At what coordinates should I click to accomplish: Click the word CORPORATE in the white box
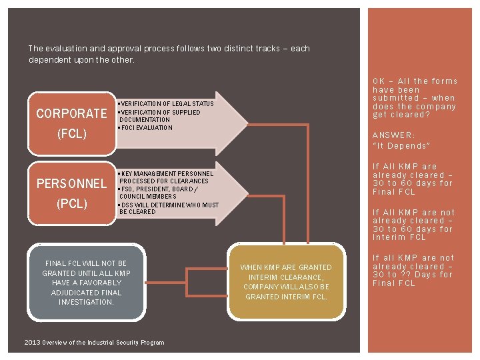click(x=71, y=113)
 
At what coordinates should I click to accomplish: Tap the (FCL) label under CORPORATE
click(x=71, y=133)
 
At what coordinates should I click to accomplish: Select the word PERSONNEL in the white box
click(x=71, y=183)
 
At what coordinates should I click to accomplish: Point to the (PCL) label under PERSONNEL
click(x=71, y=203)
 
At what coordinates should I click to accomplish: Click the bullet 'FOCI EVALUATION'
click(x=145, y=127)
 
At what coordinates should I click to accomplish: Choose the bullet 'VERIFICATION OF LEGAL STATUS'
click(x=165, y=104)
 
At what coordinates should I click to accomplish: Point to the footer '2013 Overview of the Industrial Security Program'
click(x=93, y=342)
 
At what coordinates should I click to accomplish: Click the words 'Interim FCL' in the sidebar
click(x=399, y=237)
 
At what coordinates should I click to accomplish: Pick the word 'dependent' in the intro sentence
click(x=48, y=59)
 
